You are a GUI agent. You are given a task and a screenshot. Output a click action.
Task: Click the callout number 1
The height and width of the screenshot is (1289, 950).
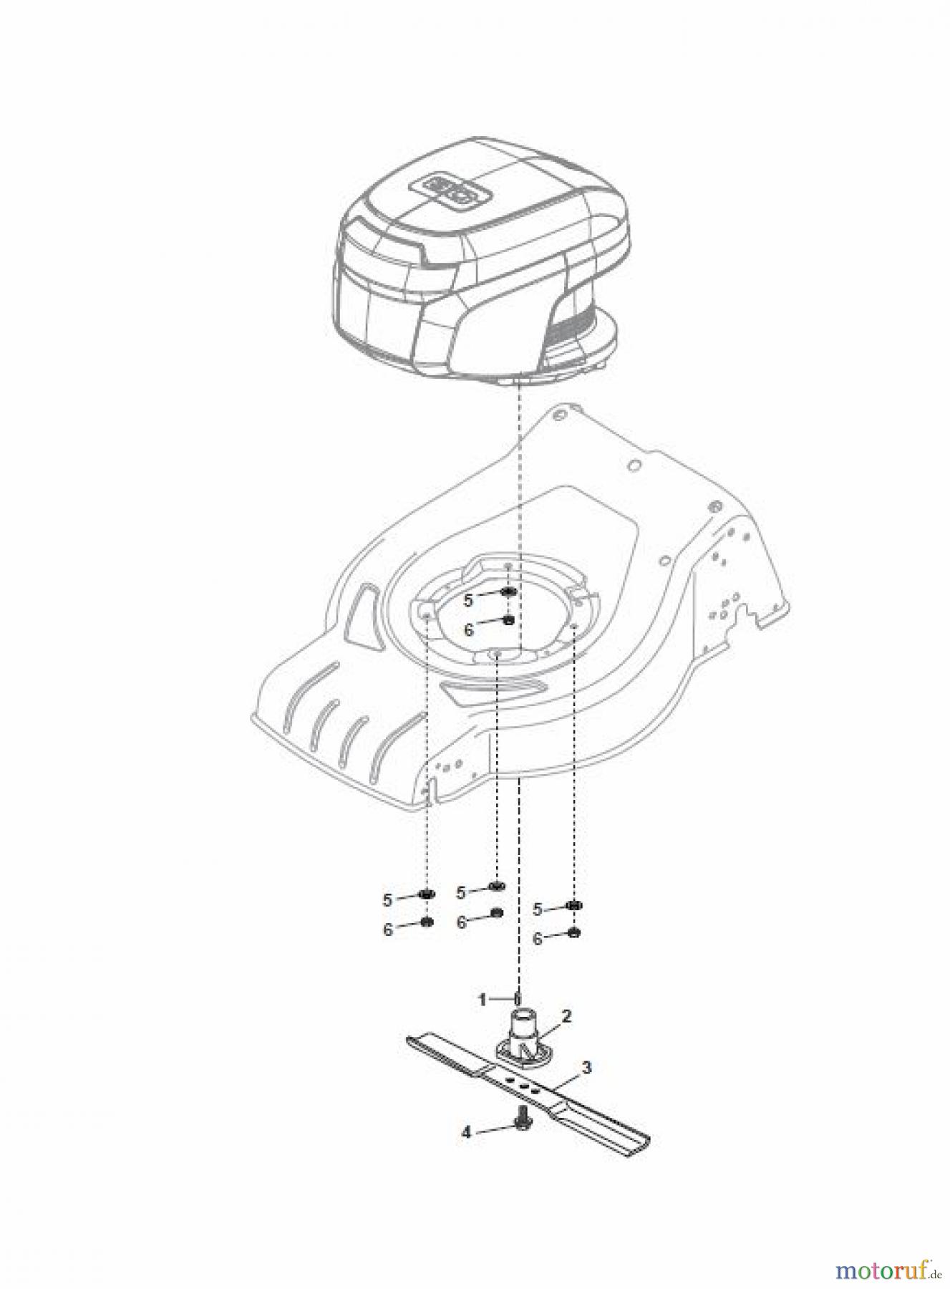(483, 998)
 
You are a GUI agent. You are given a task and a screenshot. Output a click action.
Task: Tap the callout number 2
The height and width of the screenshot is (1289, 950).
(566, 1015)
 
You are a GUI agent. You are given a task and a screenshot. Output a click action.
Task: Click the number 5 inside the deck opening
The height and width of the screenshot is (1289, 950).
(468, 600)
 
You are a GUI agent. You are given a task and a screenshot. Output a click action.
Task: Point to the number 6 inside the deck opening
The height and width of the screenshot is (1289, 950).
(468, 629)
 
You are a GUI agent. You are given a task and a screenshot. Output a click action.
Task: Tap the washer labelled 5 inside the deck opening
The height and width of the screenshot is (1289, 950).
(508, 592)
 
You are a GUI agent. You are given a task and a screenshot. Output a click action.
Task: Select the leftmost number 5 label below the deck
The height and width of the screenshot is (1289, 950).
(387, 899)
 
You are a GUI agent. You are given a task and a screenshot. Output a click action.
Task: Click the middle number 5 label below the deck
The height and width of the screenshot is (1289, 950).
(461, 892)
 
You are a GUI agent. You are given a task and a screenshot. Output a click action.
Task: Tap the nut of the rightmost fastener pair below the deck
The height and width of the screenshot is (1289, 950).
(573, 932)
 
